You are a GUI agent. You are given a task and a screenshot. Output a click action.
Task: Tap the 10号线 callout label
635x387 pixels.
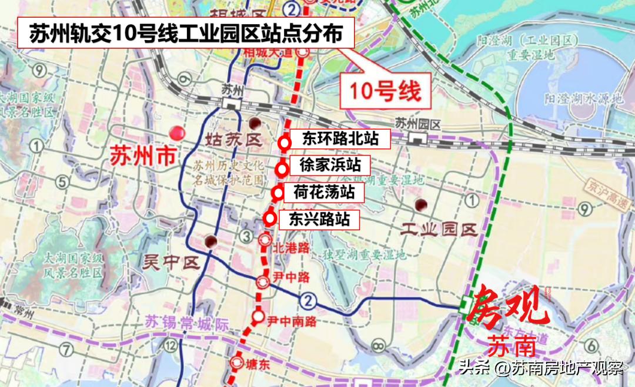(386, 91)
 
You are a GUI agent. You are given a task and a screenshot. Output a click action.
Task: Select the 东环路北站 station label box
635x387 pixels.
(339, 139)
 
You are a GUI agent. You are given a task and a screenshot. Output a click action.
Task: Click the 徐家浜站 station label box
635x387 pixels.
(330, 165)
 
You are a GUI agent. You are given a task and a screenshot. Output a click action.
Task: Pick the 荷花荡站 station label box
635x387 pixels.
(325, 192)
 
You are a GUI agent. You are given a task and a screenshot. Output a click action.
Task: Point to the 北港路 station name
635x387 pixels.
(290, 247)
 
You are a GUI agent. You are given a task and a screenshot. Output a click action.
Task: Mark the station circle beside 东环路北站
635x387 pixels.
(285, 142)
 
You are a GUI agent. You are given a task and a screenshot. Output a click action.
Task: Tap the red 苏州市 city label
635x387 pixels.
(143, 156)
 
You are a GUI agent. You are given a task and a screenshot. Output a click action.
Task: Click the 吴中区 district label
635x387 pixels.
(169, 261)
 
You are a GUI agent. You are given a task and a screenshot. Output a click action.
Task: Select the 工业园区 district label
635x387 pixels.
(438, 230)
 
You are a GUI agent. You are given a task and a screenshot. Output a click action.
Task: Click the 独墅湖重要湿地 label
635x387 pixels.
(364, 255)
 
